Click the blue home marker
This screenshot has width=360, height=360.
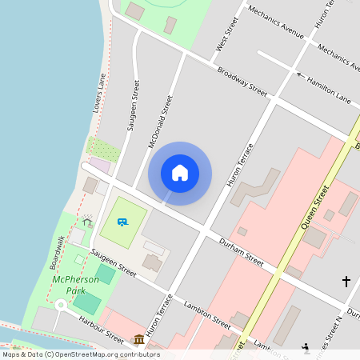(180, 173)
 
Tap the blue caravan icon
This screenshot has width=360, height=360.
(122, 222)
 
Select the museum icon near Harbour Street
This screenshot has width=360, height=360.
(139, 339)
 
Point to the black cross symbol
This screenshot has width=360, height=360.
(346, 281)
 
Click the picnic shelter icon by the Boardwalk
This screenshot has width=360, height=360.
(86, 221)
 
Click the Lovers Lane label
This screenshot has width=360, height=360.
(100, 92)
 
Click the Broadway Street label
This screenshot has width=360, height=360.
(242, 80)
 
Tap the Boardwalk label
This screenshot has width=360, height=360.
(57, 251)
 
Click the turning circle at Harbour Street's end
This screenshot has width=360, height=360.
(59, 305)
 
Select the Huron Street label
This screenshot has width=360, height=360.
(324, 15)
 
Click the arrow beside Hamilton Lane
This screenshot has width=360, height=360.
(300, 75)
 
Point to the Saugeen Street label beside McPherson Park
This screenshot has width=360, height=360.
(113, 262)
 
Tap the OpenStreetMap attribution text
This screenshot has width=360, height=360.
(80, 354)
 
